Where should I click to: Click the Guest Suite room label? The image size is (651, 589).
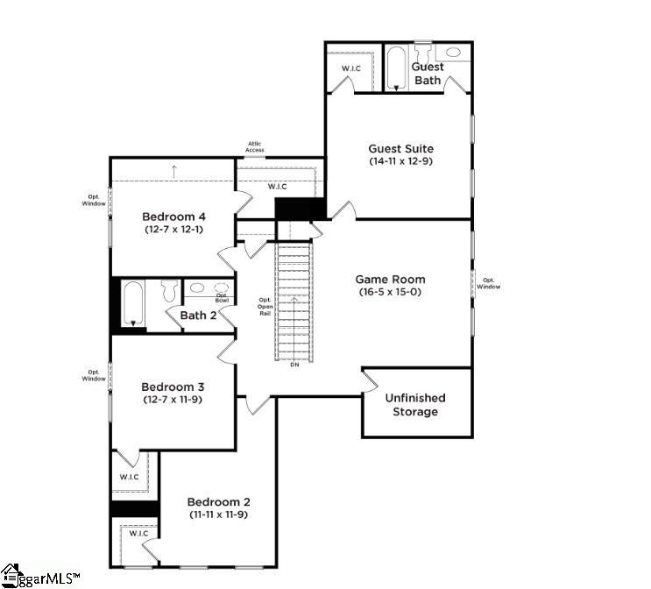[400, 148]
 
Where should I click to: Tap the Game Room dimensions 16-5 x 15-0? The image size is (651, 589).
[390, 292]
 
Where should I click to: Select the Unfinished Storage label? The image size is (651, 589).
[415, 404]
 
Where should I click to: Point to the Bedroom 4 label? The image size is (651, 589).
[174, 216]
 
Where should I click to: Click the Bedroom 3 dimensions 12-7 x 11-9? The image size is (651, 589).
[173, 399]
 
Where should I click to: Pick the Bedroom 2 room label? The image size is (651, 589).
[219, 501]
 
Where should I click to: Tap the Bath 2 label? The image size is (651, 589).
[198, 316]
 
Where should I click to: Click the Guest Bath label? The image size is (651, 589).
[428, 74]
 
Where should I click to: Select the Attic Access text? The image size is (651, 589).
[255, 147]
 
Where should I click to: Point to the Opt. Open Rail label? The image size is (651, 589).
[264, 306]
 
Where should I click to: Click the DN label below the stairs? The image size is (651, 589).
[294, 365]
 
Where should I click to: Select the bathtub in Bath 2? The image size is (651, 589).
[134, 304]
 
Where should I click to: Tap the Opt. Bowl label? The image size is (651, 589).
[222, 297]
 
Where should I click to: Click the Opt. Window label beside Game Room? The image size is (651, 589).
[488, 282]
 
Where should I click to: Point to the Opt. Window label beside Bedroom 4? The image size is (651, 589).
[96, 201]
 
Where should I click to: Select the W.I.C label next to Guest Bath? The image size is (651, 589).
[350, 69]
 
